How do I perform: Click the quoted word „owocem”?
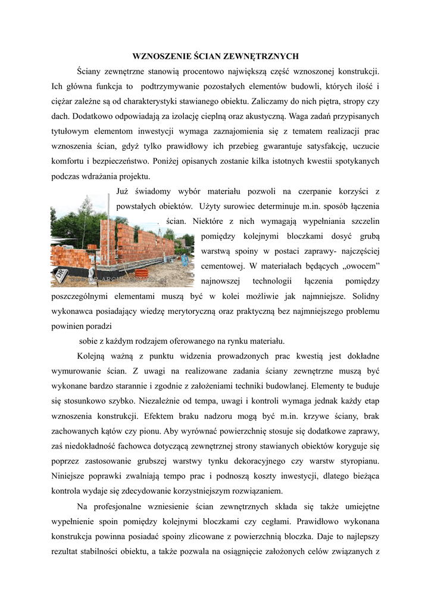coord(360,265)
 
